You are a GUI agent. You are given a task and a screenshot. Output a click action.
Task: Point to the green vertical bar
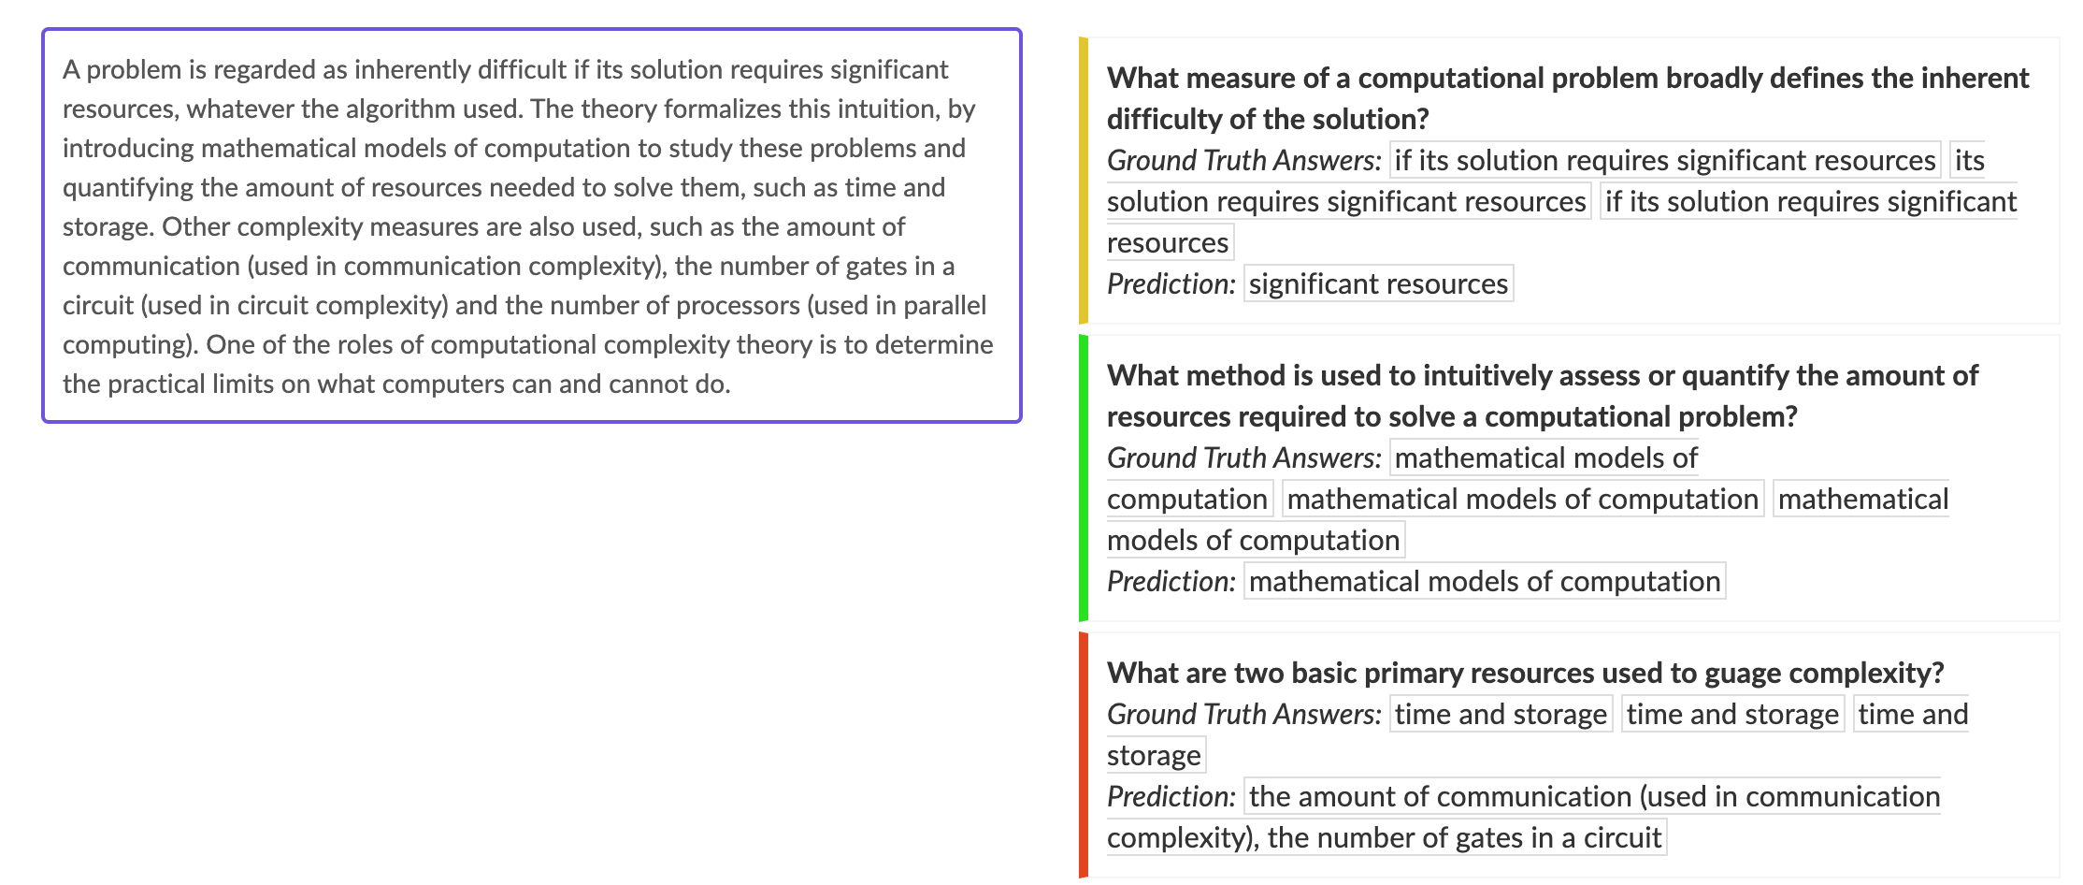coord(1084,478)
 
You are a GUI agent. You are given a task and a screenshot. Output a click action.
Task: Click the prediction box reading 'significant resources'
coord(1378,283)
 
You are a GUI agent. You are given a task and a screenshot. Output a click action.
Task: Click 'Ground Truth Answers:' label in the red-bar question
coord(1243,714)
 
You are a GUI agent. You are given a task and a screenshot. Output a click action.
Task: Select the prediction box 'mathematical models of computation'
coord(1485,581)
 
